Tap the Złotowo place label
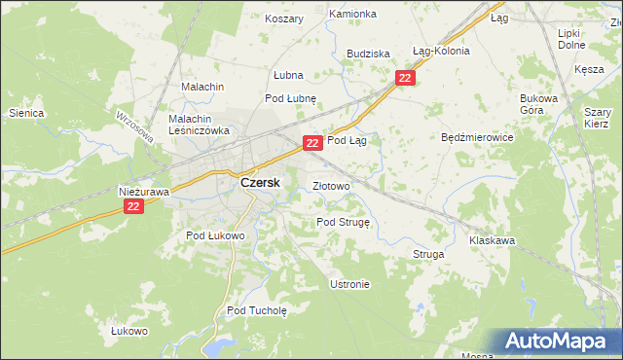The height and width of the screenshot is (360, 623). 331,186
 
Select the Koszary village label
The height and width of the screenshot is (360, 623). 284,18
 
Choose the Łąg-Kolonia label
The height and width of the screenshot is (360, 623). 441,51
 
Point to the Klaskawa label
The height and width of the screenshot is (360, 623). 492,240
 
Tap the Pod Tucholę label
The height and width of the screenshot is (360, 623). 257,311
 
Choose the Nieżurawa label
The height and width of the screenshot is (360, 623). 144,192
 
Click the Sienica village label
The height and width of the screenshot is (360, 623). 26,113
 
